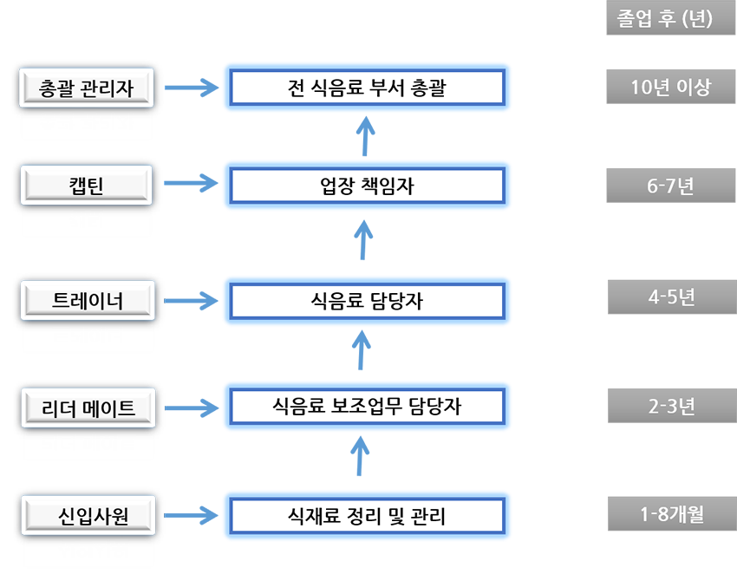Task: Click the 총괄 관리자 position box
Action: [x=86, y=88]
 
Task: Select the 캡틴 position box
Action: [x=86, y=186]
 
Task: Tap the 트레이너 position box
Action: [x=88, y=301]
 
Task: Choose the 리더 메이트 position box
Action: [x=88, y=408]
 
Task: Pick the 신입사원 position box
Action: [x=88, y=517]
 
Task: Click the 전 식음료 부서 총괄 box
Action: [x=366, y=88]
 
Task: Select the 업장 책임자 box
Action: [x=366, y=186]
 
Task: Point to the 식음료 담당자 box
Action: [x=366, y=301]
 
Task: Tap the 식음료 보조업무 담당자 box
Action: [x=366, y=406]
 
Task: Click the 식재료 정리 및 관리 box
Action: [x=366, y=517]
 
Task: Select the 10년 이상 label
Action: [x=670, y=88]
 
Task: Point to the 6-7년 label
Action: [x=670, y=186]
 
